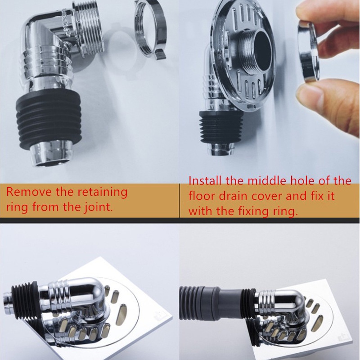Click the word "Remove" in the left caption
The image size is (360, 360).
29,192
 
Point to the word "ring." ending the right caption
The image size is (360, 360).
285,211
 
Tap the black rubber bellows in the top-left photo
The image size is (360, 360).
49,121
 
